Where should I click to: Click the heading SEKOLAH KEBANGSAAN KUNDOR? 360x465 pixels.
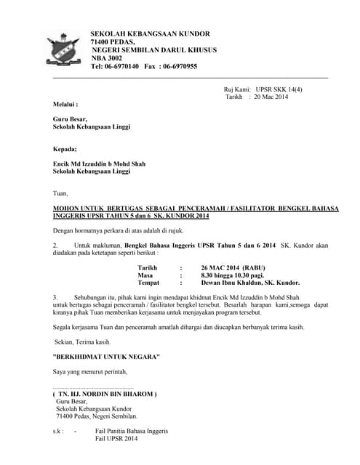(x=150, y=34)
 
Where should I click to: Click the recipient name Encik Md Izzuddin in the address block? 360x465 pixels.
(x=83, y=164)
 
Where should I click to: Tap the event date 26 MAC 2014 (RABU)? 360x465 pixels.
(x=233, y=267)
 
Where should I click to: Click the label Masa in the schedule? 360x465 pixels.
(x=145, y=275)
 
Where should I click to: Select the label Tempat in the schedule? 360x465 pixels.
(x=149, y=283)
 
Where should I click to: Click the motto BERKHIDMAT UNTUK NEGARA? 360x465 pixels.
(x=107, y=357)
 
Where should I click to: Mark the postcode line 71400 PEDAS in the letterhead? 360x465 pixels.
(x=113, y=42)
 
